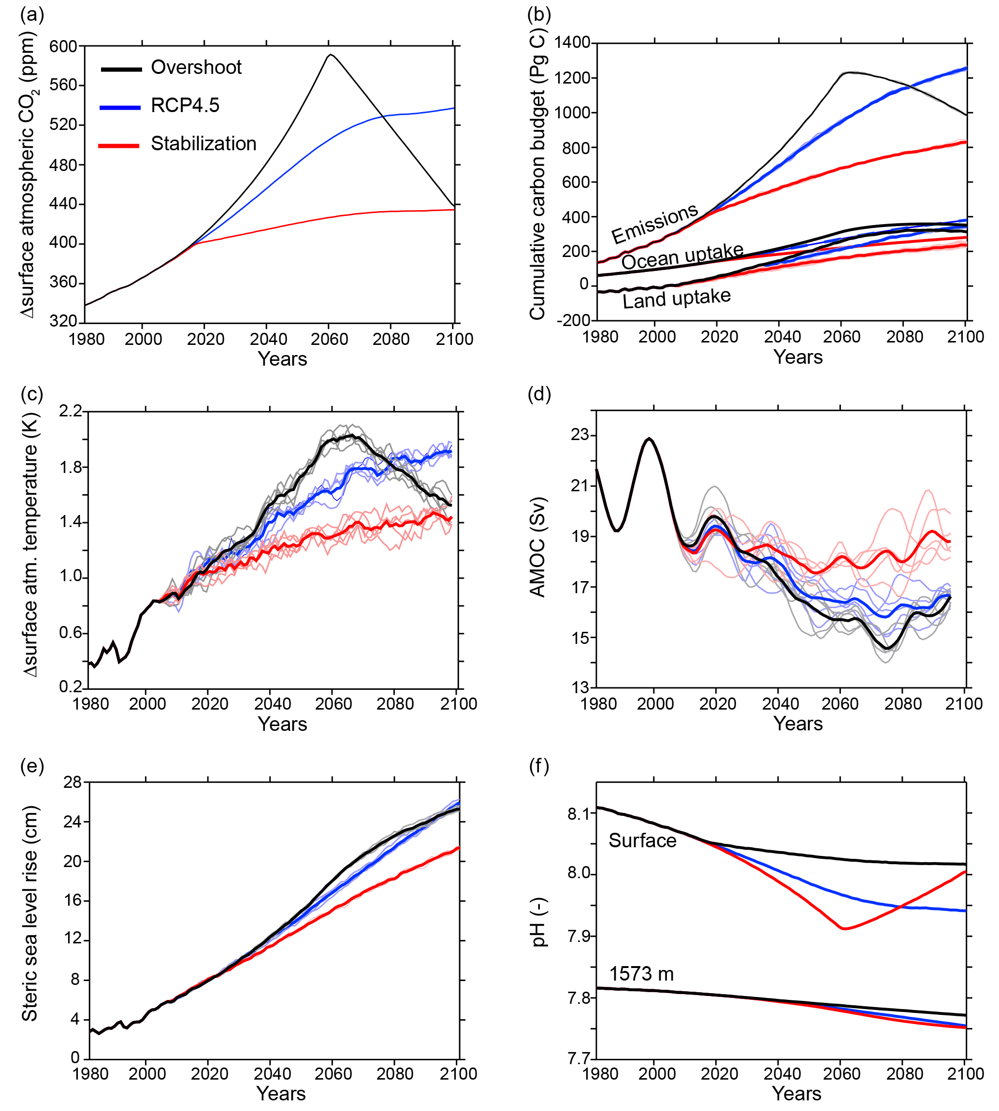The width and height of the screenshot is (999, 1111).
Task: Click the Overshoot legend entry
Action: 196,68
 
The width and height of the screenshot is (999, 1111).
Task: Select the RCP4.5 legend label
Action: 185,105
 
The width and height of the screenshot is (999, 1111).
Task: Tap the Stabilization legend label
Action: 203,144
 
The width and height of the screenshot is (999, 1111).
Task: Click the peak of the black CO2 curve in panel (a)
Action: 330,55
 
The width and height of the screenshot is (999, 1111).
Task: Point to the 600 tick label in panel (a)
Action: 63,47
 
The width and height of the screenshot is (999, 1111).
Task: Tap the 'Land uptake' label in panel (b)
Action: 676,299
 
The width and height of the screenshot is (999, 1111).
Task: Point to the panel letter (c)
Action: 32,394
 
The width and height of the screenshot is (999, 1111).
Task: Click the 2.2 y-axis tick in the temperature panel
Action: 70,411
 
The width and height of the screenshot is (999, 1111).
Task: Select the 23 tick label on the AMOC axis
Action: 579,435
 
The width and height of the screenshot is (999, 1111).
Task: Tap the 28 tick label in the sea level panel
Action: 72,783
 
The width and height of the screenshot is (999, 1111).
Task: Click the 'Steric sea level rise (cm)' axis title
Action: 29,913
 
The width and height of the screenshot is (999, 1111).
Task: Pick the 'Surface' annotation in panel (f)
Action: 642,840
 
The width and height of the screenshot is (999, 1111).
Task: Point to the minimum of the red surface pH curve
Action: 844,928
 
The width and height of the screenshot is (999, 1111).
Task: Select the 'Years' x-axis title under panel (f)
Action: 796,1094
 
